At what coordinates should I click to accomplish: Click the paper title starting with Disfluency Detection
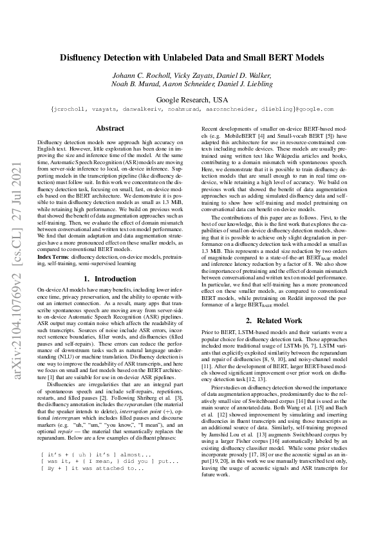pos(191,57)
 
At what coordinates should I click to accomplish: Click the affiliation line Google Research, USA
pos(192,100)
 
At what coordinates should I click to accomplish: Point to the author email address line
pos(191,110)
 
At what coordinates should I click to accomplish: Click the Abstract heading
pos(109,129)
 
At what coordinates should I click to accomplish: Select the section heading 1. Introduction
pos(109,279)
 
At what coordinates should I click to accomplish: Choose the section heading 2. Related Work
pos(275,320)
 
